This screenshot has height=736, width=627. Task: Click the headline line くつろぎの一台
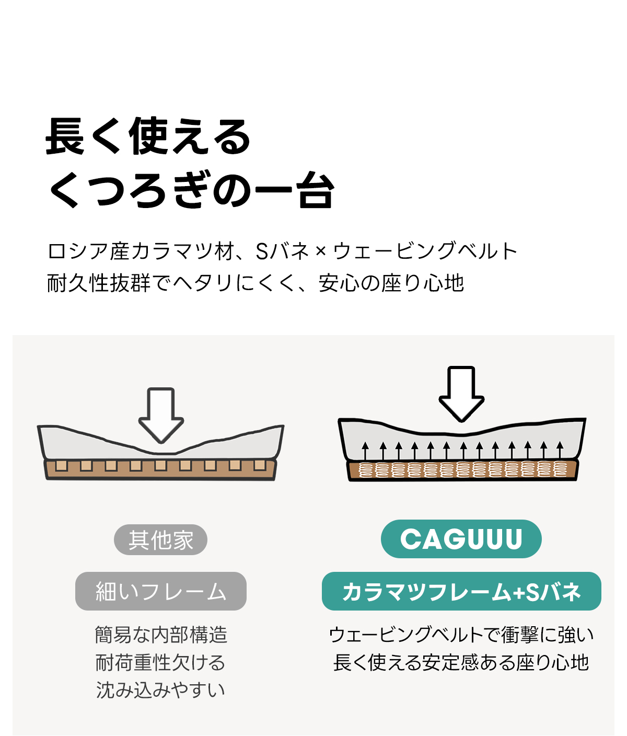point(191,190)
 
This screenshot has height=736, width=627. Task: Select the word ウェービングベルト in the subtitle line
point(425,251)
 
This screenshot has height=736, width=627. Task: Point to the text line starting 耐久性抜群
point(256,283)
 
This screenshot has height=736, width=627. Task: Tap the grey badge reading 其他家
point(160,540)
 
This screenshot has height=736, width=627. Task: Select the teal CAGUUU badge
point(461,539)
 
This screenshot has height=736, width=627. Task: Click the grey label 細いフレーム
point(160,591)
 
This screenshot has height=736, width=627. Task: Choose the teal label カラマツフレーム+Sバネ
point(461,591)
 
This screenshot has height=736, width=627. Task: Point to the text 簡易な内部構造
point(161,635)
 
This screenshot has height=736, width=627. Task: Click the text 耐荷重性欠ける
point(160,662)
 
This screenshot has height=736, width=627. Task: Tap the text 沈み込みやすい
point(160,690)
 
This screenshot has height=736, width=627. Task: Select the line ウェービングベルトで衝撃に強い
point(461,635)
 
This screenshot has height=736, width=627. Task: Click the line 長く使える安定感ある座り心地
point(461,662)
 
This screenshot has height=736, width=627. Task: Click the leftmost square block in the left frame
point(62,465)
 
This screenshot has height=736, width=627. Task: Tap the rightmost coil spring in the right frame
point(560,469)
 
